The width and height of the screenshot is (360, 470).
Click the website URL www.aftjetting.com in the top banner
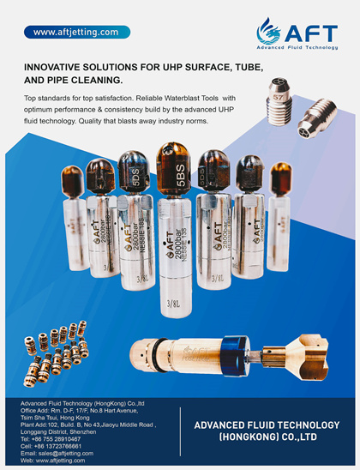point(75,32)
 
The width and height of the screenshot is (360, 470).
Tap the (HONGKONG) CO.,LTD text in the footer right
point(268,437)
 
